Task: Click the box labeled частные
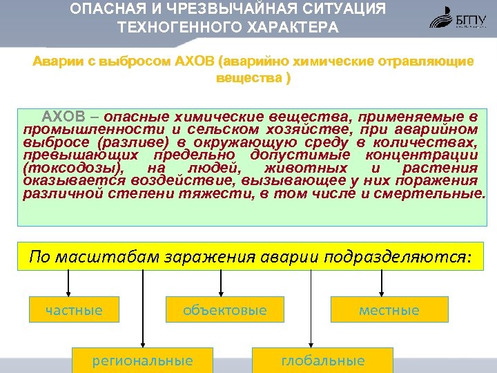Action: (x=74, y=310)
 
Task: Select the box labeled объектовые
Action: (x=224, y=310)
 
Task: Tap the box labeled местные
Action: (x=389, y=310)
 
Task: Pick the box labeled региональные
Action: (x=142, y=361)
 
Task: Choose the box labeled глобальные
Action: (x=322, y=361)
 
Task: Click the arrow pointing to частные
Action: (x=68, y=282)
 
